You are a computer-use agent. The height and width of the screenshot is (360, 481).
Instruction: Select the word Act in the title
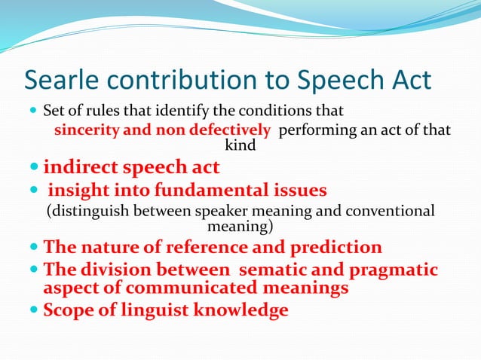[412, 80]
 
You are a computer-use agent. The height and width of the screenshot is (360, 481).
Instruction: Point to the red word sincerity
[83, 130]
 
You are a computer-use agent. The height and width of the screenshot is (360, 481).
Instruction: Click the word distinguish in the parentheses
[92, 212]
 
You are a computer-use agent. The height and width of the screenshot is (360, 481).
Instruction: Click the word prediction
[335, 247]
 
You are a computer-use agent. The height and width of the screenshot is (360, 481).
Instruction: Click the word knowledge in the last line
[242, 310]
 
